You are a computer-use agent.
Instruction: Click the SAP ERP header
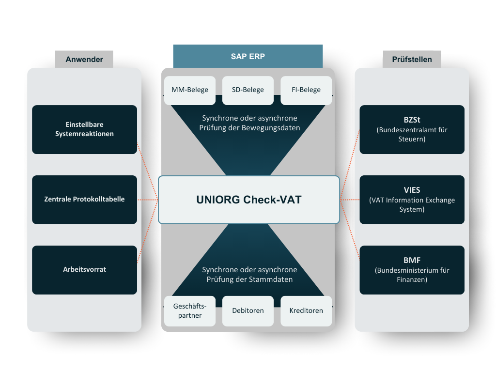[248, 56]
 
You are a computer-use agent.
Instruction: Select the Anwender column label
[84, 59]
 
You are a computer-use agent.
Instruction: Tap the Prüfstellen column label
[412, 59]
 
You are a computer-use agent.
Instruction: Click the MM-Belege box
[190, 90]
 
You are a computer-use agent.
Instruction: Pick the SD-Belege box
[248, 90]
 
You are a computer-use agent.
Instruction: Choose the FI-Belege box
[306, 90]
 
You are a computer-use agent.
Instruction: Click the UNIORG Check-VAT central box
[249, 200]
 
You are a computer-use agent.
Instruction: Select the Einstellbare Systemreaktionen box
[84, 129]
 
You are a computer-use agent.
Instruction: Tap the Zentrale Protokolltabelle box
[84, 200]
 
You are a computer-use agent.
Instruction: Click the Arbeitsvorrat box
[84, 270]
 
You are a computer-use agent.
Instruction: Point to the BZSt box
[412, 129]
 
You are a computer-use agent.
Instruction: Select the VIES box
[412, 200]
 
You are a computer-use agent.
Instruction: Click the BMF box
[412, 270]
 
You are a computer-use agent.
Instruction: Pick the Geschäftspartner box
[190, 311]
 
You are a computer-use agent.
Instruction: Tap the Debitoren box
[248, 311]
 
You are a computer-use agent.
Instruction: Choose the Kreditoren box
[306, 311]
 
